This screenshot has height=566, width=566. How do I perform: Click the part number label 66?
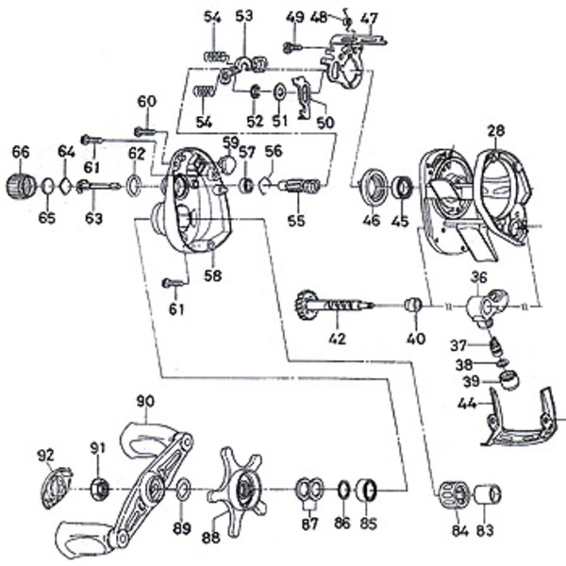coord(21,151)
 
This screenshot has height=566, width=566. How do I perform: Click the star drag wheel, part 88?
coord(243,489)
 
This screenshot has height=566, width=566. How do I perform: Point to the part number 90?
coord(144,402)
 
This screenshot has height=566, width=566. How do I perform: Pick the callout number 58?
coord(214,275)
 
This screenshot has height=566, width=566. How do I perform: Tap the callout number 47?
coord(369,18)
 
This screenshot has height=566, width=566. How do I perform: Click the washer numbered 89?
coord(183,489)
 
